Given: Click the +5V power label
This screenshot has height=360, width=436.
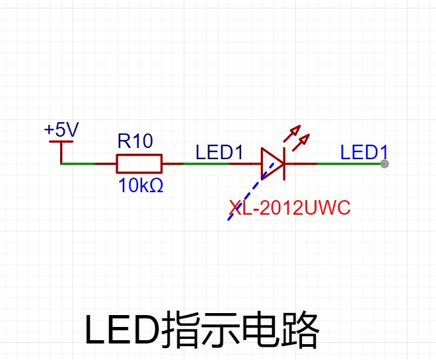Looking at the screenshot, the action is pos(61,129).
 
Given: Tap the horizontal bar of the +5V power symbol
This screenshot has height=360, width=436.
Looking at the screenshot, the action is pos(61,141).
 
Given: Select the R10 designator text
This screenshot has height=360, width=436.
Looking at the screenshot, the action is pos(135,141).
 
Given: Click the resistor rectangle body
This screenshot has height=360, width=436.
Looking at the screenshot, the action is pos(139,164).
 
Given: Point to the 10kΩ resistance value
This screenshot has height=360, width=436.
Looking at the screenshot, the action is pos(141,186).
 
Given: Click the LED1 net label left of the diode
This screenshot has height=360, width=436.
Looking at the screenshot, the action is pos(219,152).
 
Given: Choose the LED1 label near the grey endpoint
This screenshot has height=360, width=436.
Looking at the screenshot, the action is pos(364,152).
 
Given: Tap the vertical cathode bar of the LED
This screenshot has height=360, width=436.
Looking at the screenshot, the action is pos(284,164).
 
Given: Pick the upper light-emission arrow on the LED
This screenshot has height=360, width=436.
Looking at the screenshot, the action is pos(292,133).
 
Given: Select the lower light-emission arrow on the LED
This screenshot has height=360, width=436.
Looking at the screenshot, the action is pos(301,142).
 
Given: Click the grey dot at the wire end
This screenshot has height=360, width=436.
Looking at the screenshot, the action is pos(384,164).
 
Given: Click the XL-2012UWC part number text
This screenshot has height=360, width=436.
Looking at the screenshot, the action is pos(290,207).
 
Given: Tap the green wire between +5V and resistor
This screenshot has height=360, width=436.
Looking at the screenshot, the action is pos(78,164).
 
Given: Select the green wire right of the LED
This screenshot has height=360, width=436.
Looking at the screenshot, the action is pos(350,164).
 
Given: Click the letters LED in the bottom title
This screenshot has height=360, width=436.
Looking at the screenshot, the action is pos(123,330).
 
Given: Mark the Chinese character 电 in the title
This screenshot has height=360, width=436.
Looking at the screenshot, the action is pos(261,330).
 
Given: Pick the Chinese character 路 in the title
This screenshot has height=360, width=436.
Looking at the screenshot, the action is pos(300,330).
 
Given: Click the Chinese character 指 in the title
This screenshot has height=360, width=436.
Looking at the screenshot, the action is pos(181,330).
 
